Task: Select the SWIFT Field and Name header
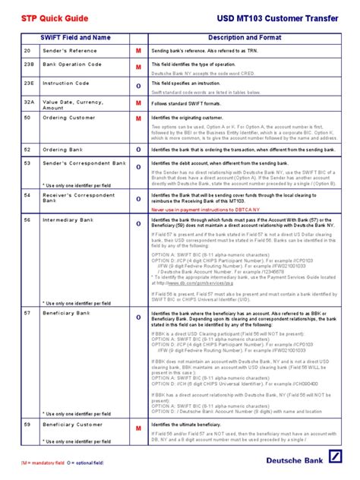[76, 37]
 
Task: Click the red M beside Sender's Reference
[138, 50]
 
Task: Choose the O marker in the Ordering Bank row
[138, 150]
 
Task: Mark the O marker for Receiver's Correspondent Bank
[138, 199]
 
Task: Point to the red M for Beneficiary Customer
[138, 430]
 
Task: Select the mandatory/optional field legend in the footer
[61, 463]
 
